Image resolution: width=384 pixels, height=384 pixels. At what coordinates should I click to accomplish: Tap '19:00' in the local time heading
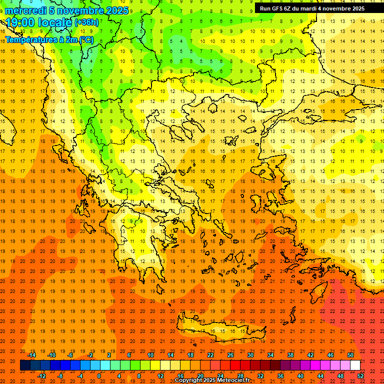coord(22,22)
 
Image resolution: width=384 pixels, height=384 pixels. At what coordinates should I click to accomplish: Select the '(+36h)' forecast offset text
coord(86,22)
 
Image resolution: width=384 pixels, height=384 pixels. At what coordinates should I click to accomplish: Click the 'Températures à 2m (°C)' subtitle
coord(48,39)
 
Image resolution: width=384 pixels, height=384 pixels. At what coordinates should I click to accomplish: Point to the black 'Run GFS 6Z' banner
coord(319,8)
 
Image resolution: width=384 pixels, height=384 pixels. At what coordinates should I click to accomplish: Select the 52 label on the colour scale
coord(360,375)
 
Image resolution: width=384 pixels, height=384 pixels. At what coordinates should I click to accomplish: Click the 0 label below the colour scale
coord(99,375)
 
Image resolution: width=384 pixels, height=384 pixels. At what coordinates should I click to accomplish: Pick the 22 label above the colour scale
coord(210,355)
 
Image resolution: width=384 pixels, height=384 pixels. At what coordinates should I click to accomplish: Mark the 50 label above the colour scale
coord(350,355)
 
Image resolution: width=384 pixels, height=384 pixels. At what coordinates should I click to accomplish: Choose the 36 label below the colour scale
coord(280,375)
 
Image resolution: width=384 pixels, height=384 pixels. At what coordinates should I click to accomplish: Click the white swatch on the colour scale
coord(355,365)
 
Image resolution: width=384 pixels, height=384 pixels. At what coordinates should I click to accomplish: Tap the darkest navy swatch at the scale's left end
coord(25,365)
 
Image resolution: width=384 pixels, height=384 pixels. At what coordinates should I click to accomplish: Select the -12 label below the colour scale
coord(41,375)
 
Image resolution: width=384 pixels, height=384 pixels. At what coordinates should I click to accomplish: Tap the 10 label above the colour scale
coord(150,355)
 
